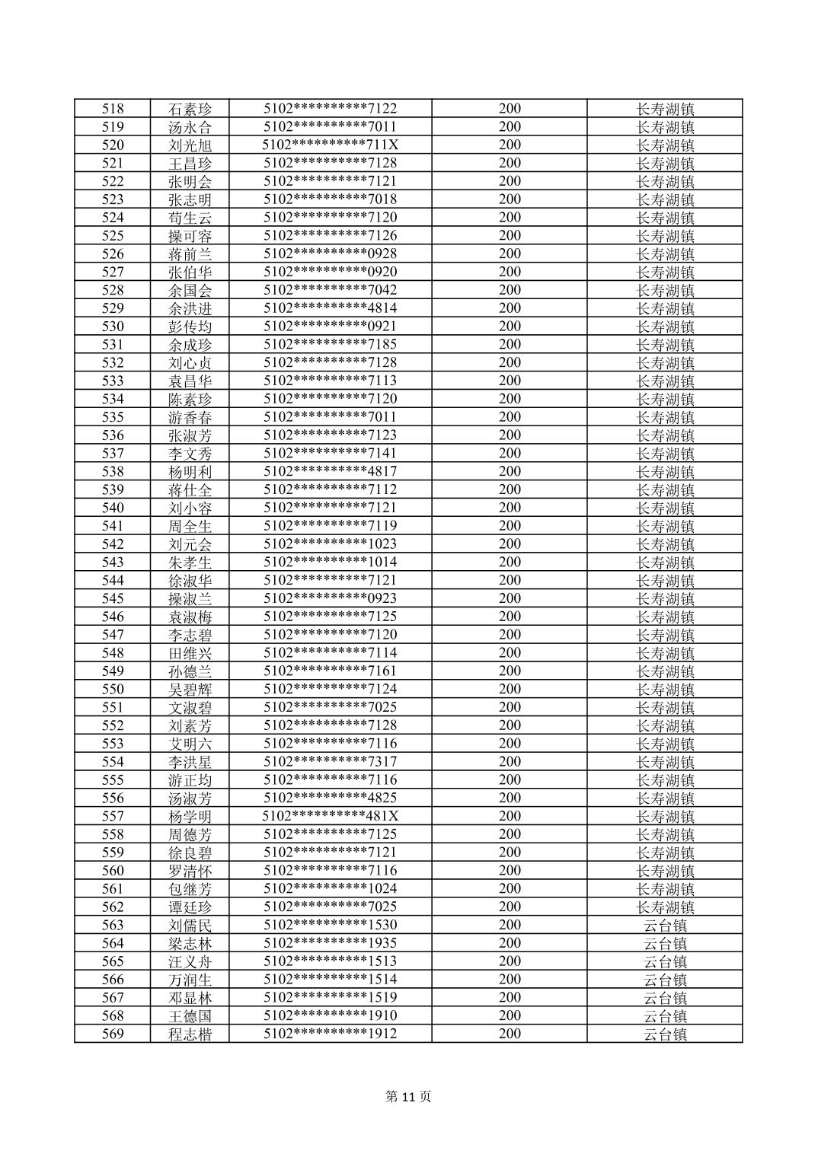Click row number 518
tap(113, 109)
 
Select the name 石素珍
tap(190, 109)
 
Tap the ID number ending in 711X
tap(330, 145)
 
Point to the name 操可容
tap(190, 236)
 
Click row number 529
tap(113, 308)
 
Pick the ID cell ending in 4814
tap(330, 308)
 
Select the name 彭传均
tap(190, 327)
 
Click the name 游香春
tap(190, 417)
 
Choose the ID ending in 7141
tap(330, 454)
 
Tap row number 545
tap(113, 599)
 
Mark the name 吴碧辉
tap(190, 690)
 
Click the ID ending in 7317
tap(330, 762)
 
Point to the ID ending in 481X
tap(330, 817)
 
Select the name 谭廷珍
tap(190, 907)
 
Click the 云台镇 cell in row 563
tap(665, 926)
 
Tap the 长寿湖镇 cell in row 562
tap(665, 907)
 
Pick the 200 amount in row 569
tap(510, 1034)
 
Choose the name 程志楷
tap(190, 1034)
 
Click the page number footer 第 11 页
tap(408, 1097)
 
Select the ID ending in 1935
tap(330, 943)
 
